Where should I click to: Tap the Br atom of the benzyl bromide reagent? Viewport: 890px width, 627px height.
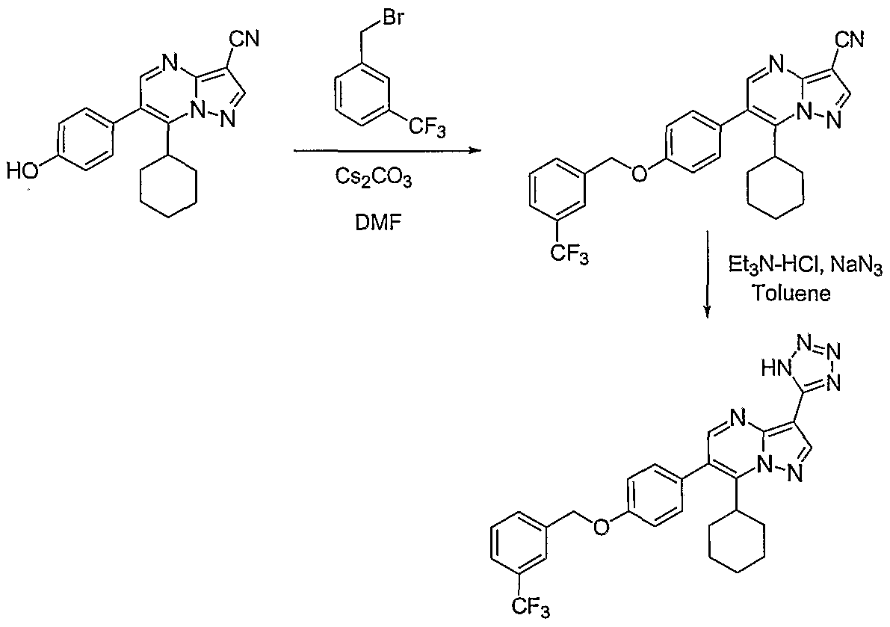pos(393,18)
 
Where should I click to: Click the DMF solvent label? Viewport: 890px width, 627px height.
pos(374,223)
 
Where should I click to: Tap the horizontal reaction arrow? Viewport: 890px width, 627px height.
pos(387,150)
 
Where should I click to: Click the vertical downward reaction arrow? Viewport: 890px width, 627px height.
pos(707,274)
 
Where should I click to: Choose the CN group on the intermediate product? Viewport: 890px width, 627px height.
pos(849,40)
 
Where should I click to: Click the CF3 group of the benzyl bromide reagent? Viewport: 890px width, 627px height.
pos(427,129)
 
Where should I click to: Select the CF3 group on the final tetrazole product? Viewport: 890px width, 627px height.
pos(531,608)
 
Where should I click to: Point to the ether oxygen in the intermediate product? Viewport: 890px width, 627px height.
pos(639,173)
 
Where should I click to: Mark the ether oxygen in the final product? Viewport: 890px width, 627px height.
pos(600,528)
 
